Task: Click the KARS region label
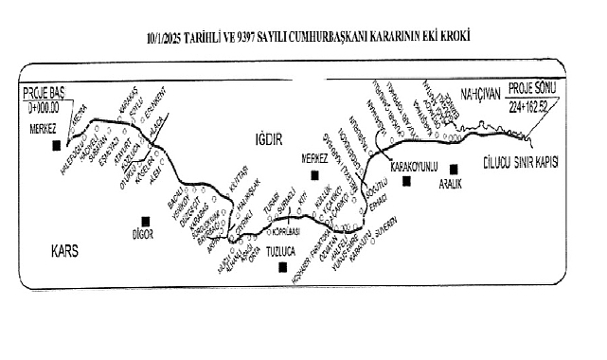tap(63, 251)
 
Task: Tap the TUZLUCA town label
tap(283, 253)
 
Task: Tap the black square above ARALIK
tap(454, 169)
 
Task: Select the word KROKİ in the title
tap(454, 36)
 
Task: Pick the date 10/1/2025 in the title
tap(168, 36)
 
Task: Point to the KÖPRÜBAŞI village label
tap(287, 230)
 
